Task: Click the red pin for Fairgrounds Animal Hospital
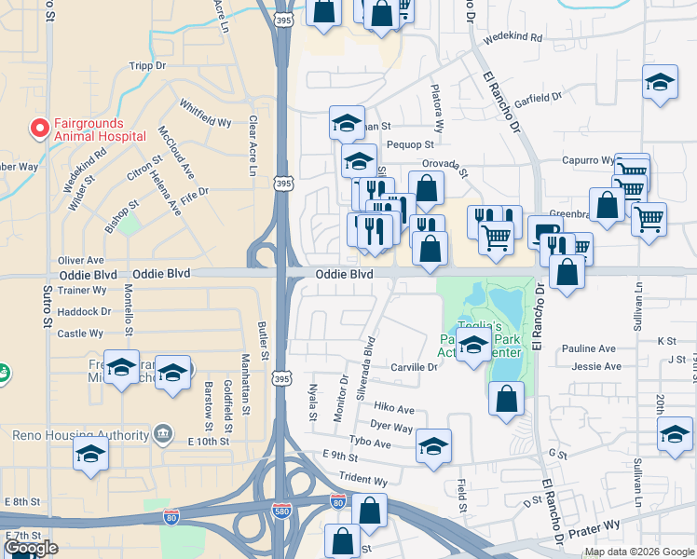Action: (x=40, y=128)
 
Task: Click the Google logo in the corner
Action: (x=31, y=548)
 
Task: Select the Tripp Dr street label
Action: (x=147, y=66)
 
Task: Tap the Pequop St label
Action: (x=410, y=144)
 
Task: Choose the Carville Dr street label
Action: (x=414, y=368)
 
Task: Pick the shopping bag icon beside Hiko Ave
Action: (x=506, y=398)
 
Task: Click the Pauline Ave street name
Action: (x=588, y=348)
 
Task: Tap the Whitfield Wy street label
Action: (x=205, y=115)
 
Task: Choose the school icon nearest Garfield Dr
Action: (x=659, y=83)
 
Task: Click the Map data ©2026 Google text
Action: (x=638, y=552)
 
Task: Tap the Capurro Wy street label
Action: (x=587, y=160)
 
